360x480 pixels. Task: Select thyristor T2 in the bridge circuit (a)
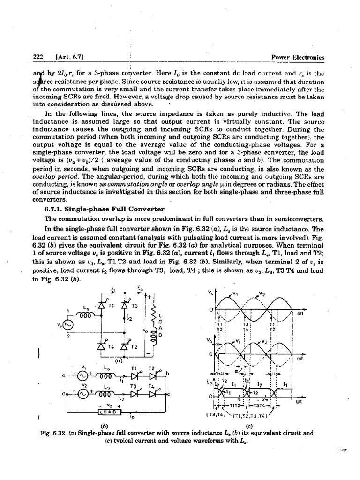[x=125, y=346]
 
